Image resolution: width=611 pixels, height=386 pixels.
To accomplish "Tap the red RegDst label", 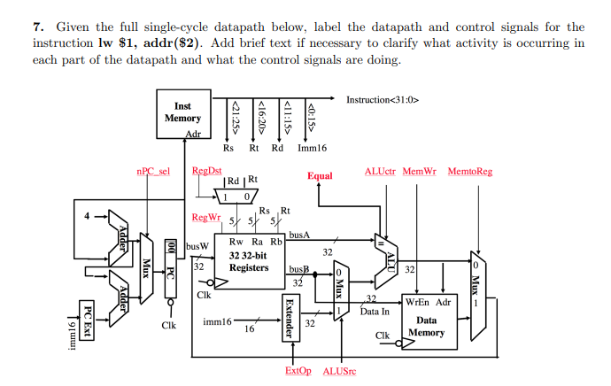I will pyautogui.click(x=206, y=171).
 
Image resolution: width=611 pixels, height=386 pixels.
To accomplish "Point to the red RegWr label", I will pyautogui.click(x=205, y=217).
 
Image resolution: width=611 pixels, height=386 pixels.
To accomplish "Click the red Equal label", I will pyautogui.click(x=320, y=175).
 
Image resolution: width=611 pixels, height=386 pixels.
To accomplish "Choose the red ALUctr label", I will pyautogui.click(x=380, y=171).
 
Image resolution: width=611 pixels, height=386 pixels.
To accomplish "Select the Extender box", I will pyautogui.click(x=288, y=316).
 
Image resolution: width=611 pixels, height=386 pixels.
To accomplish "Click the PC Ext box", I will pyautogui.click(x=87, y=318).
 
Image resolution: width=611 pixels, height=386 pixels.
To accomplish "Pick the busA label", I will pyautogui.click(x=299, y=235).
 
